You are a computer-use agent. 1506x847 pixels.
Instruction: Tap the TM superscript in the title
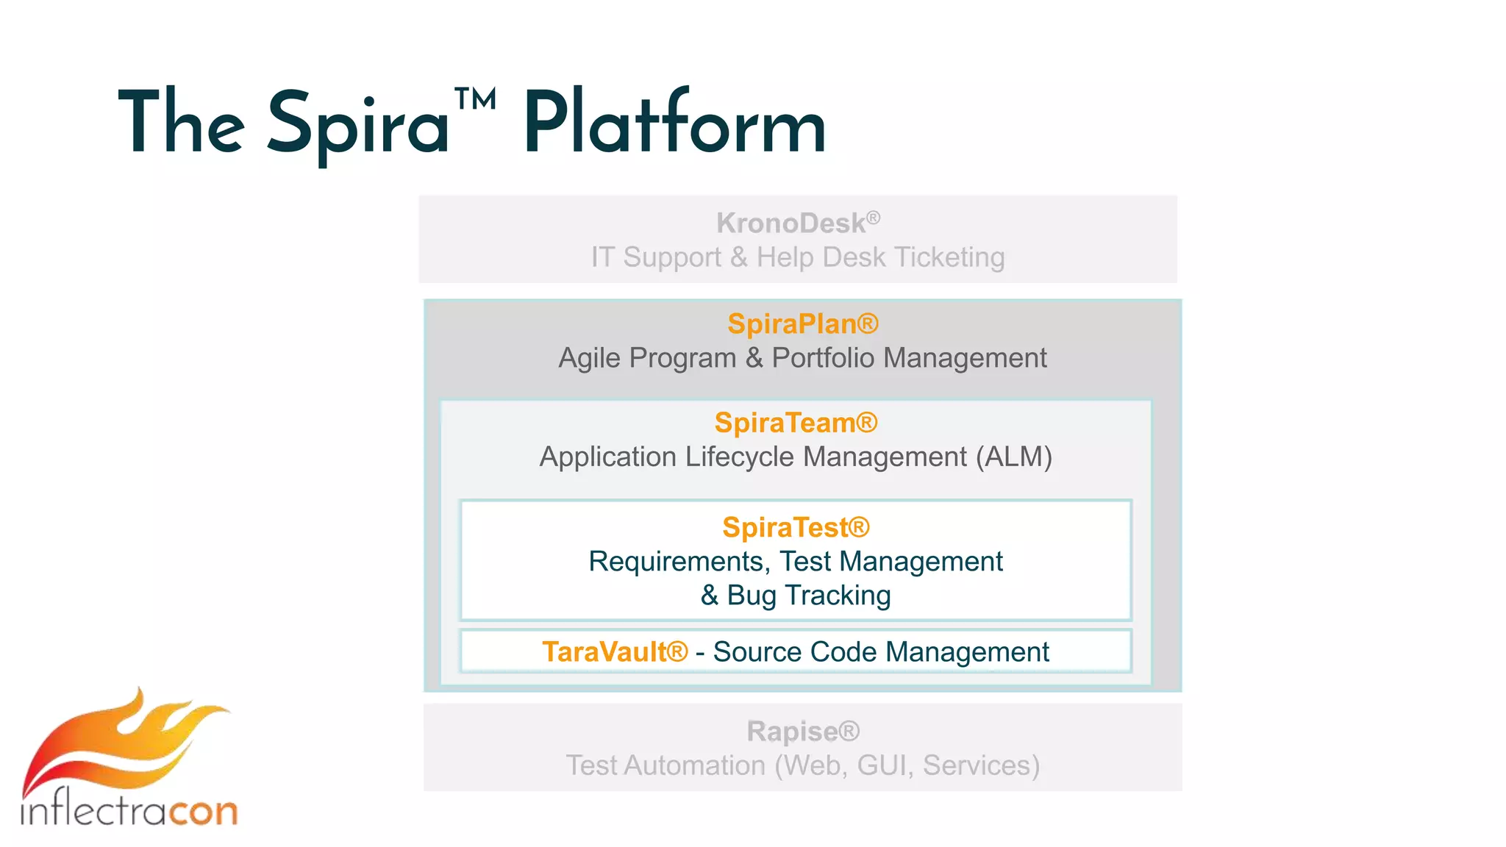click(475, 99)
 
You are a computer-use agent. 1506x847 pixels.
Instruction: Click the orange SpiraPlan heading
click(802, 324)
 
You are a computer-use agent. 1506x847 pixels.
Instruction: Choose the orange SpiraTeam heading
click(796, 423)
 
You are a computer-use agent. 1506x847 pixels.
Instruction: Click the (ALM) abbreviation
click(1014, 457)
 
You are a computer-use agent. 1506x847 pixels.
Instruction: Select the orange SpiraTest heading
click(796, 527)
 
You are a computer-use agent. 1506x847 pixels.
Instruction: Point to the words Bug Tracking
click(808, 595)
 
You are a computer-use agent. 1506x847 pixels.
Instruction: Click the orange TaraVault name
click(614, 652)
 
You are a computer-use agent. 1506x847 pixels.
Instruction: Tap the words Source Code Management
click(880, 652)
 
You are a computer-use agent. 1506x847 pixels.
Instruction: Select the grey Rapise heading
click(802, 732)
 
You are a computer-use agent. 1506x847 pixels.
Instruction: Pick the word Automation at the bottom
click(695, 765)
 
